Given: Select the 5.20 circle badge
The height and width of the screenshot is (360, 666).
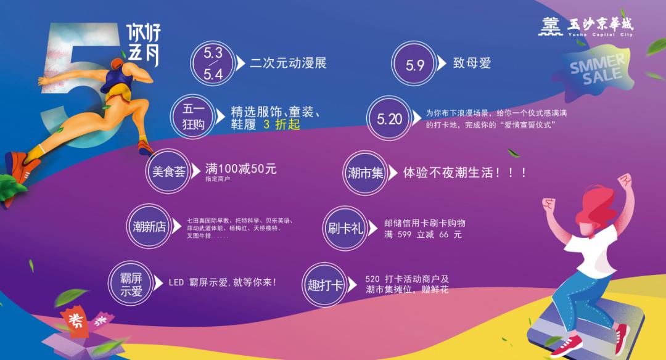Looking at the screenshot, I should point(390,119).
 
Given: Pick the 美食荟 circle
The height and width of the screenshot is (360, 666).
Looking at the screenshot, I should point(169,171).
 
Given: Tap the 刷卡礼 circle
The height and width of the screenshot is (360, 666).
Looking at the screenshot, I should point(345,229).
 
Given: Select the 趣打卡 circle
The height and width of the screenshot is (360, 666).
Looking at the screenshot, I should point(325,285).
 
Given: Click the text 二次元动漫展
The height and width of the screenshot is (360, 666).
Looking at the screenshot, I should point(288,63).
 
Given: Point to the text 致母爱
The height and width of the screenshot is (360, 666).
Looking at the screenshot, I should point(472,63).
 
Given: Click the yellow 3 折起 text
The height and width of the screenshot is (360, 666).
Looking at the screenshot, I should point(281,125).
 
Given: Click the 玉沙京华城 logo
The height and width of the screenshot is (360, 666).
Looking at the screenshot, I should point(586,26).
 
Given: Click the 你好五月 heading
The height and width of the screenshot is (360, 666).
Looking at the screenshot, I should point(142,44).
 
